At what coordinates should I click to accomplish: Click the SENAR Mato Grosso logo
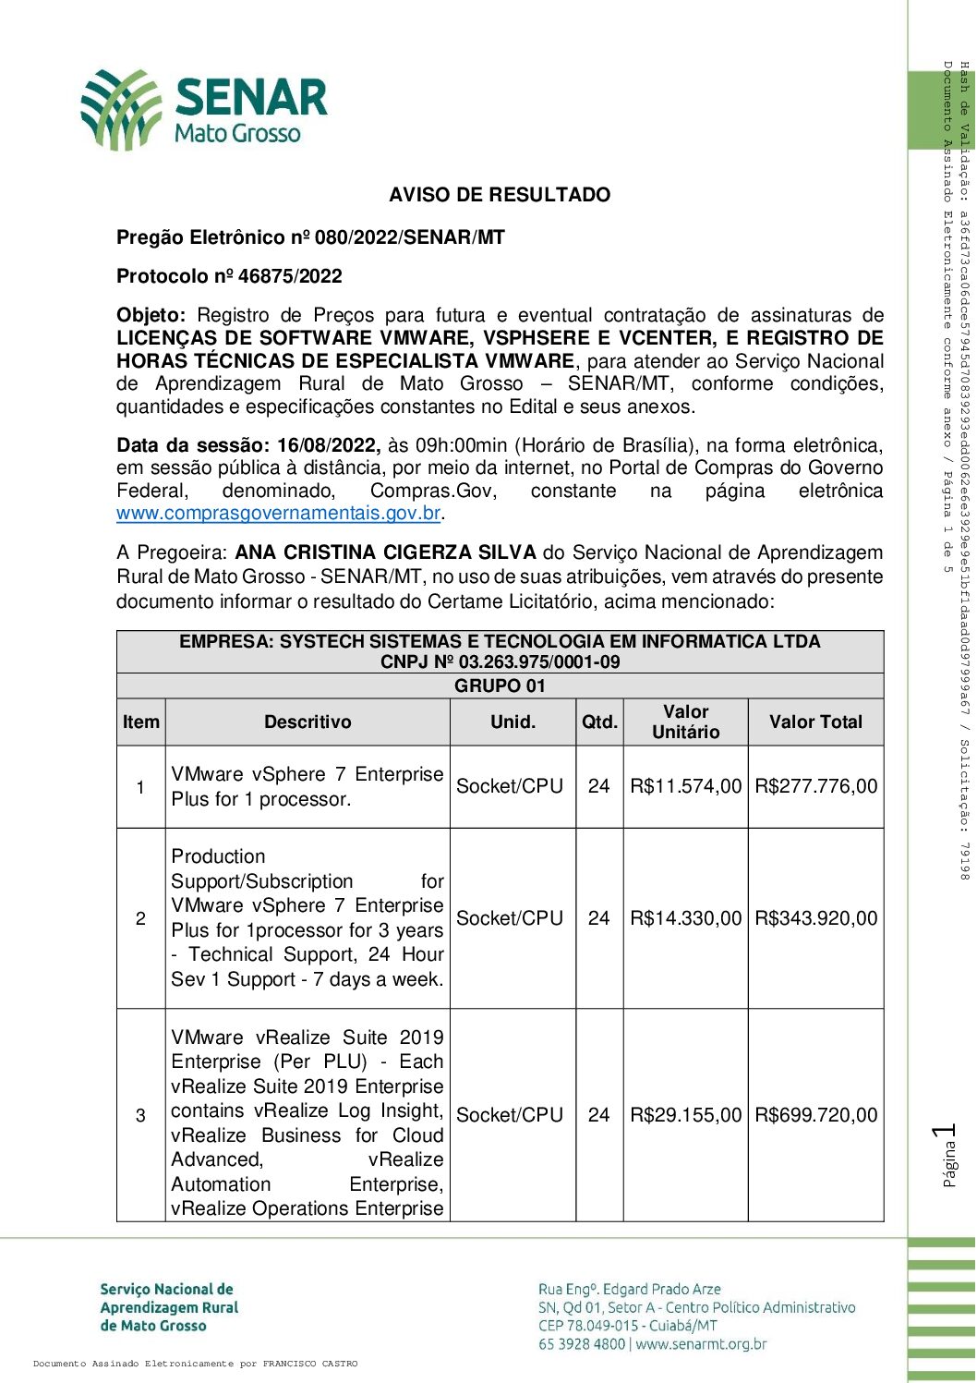(x=203, y=109)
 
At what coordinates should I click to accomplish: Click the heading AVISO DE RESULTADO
(x=500, y=195)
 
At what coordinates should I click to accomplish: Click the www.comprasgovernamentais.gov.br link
(x=278, y=514)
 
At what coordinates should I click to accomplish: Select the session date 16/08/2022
(x=328, y=445)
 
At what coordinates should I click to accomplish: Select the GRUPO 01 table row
(x=500, y=685)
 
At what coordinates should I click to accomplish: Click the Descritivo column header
(x=308, y=722)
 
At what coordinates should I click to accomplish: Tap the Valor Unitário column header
(x=685, y=722)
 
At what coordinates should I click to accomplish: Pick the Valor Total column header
(x=815, y=722)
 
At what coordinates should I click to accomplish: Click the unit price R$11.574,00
(x=685, y=786)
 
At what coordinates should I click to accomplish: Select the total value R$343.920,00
(x=815, y=918)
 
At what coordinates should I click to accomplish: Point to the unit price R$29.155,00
(x=685, y=1115)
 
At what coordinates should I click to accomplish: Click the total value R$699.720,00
(x=815, y=1115)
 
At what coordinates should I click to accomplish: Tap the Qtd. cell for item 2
(x=599, y=918)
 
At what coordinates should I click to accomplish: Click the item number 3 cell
(x=140, y=1115)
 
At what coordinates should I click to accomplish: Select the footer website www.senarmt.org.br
(x=701, y=1344)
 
